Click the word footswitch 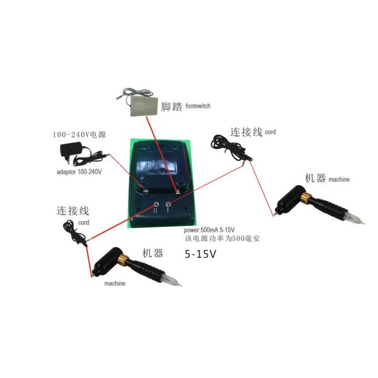click(202, 108)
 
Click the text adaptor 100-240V click(81, 171)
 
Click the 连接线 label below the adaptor click(71, 210)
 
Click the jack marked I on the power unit click(168, 205)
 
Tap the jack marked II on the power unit click(155, 205)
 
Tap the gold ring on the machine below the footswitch click(304, 200)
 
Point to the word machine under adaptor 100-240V click(115, 283)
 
